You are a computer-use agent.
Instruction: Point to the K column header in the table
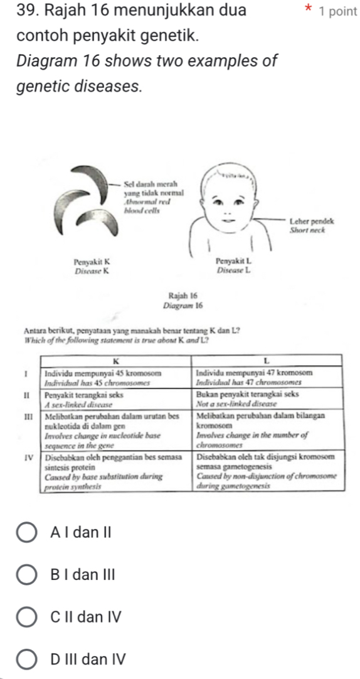(x=117, y=360)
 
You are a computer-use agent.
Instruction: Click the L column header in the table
(x=267, y=360)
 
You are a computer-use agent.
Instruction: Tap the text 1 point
(x=337, y=12)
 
